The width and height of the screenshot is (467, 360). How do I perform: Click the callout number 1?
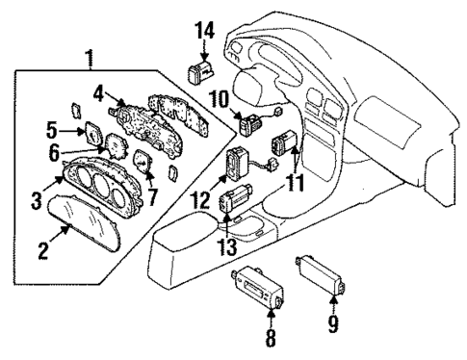(90, 60)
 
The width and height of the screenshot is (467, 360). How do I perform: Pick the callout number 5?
(53, 128)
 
